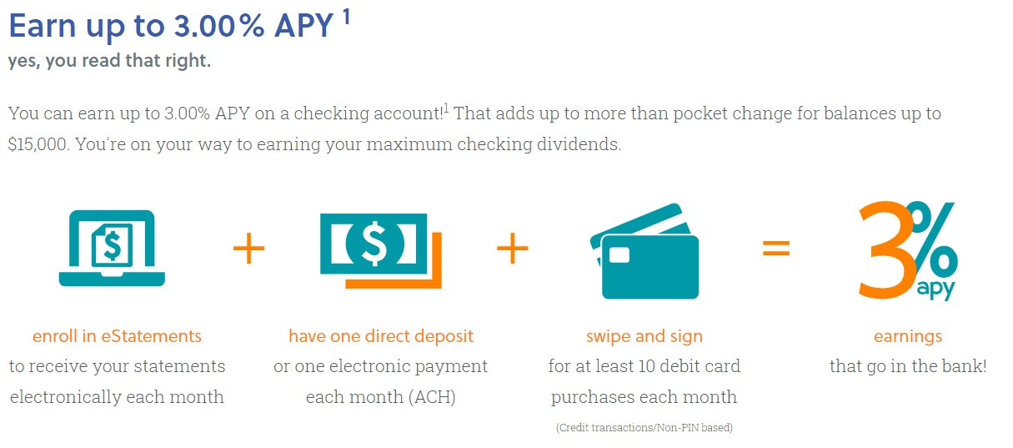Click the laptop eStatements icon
tap(112, 248)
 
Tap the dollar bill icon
tap(380, 250)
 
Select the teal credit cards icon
tap(644, 251)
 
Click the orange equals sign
tap(776, 248)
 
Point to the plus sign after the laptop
tap(248, 248)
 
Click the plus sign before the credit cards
tap(513, 248)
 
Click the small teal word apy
tap(935, 289)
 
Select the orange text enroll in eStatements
tap(117, 336)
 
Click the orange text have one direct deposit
tap(381, 336)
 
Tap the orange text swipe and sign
tap(644, 337)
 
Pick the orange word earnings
tap(908, 337)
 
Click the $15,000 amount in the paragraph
tap(38, 144)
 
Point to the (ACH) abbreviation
tap(432, 397)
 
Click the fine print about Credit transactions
tap(644, 428)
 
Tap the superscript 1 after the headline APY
tap(346, 17)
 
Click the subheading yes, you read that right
tap(109, 61)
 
